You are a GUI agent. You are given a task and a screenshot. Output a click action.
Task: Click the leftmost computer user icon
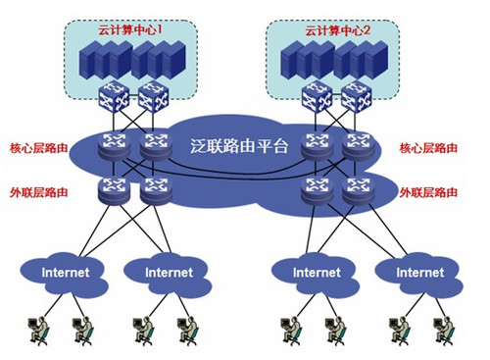click(x=38, y=328)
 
